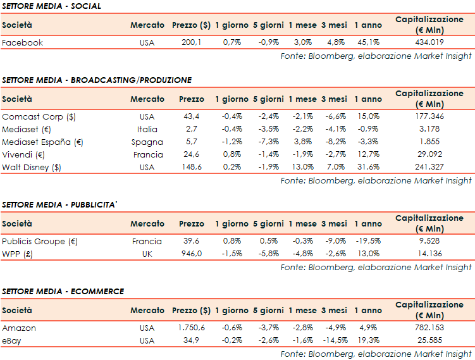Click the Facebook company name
(23, 42)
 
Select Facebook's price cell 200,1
(191, 42)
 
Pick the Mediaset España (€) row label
(43, 142)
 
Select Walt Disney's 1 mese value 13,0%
(302, 166)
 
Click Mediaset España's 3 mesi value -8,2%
(334, 142)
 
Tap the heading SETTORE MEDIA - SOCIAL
(51, 6)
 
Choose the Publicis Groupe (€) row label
(40, 241)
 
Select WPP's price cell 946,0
(191, 254)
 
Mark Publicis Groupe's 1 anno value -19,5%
(367, 241)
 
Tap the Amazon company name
(19, 328)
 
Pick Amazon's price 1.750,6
(191, 328)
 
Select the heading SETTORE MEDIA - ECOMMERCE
(63, 291)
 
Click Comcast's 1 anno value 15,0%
(368, 116)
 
